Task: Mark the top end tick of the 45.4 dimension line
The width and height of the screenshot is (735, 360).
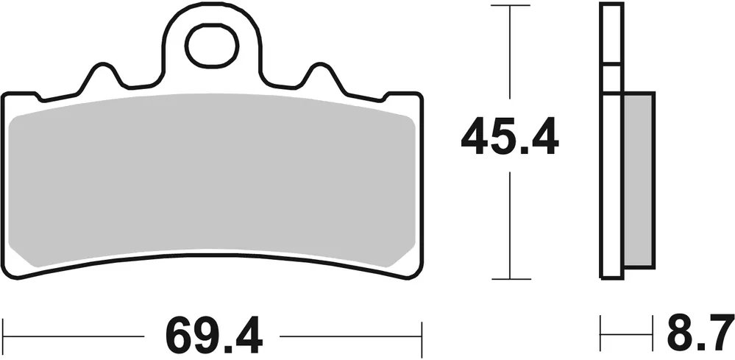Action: click(510, 5)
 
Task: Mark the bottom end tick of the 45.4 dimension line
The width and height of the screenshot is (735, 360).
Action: click(510, 279)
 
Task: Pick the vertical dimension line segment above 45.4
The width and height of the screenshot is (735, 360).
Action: click(510, 59)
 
